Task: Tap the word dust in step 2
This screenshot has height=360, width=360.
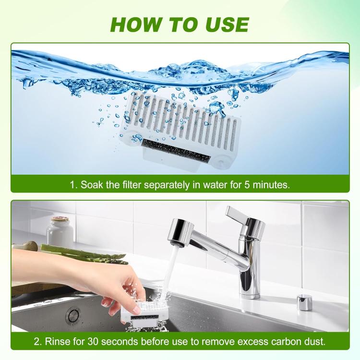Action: pyautogui.click(x=313, y=342)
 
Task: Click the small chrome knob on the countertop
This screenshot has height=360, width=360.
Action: pyautogui.click(x=304, y=302)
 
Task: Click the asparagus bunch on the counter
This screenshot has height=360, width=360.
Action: pyautogui.click(x=82, y=252)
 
